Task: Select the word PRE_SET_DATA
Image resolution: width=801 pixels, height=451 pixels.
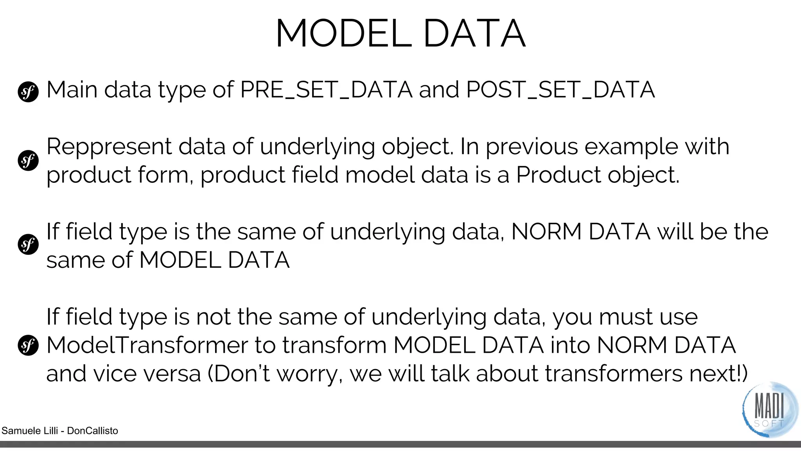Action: [326, 90]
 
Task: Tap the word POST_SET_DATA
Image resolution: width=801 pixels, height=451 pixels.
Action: [560, 90]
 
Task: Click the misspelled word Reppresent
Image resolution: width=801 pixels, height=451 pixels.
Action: [109, 147]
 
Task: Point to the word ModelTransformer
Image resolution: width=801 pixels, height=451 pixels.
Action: [147, 345]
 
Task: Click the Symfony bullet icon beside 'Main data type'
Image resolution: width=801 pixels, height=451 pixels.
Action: [28, 92]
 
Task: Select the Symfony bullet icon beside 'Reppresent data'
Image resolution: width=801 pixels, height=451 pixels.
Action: [28, 161]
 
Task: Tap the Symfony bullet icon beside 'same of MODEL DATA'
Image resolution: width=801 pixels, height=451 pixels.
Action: [28, 245]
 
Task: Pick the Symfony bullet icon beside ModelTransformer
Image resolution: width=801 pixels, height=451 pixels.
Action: [28, 345]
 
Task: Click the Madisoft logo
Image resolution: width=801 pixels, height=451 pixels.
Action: [769, 410]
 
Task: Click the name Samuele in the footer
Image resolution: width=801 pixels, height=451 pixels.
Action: [19, 431]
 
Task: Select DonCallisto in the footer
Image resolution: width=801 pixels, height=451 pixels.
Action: [92, 431]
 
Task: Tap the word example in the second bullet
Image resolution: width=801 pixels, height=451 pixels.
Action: [631, 147]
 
